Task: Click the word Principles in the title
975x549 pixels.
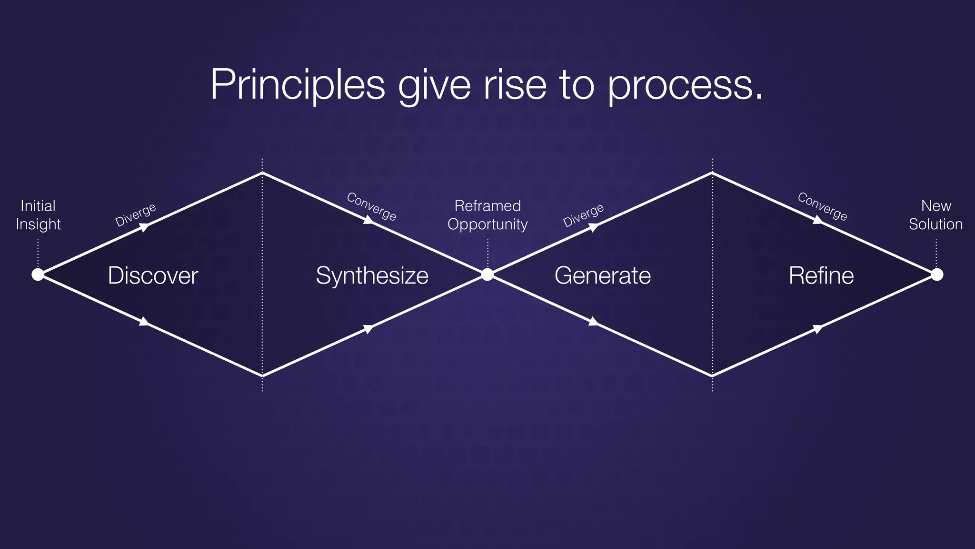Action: coord(297,85)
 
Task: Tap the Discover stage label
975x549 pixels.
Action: coord(153,275)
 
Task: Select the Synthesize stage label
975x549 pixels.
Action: coord(372,275)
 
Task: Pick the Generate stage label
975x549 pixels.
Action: coord(602,275)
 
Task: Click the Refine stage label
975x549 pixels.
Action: coord(821,275)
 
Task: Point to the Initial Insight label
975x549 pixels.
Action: coord(38,215)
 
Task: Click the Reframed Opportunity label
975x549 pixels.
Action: coord(487,215)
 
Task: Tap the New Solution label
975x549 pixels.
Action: coord(935,215)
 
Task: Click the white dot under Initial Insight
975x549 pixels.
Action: coord(38,274)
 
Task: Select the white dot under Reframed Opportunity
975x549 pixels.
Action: coord(487,274)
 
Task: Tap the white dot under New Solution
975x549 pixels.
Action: coord(937,274)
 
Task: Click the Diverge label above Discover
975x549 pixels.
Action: coord(136,215)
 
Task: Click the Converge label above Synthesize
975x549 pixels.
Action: coord(371,206)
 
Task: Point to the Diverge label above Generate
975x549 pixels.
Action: coord(583,215)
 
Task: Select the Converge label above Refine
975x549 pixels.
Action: coord(822,206)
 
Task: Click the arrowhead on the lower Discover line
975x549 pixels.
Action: coord(144,322)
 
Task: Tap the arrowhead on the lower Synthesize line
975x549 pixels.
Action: coord(368,328)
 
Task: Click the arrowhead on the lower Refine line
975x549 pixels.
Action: coord(817,328)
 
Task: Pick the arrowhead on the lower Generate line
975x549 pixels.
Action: coord(593,322)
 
